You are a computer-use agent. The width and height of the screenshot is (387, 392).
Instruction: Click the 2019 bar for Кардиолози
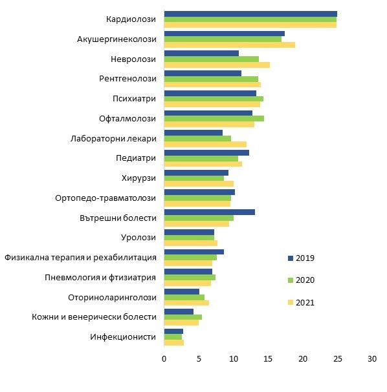250,14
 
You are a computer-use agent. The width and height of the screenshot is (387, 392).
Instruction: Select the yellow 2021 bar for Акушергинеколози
230,45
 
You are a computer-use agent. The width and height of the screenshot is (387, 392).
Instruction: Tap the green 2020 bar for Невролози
212,59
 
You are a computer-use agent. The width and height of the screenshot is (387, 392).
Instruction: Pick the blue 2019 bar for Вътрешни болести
210,212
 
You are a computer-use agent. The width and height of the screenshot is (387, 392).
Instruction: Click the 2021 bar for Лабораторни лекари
205,144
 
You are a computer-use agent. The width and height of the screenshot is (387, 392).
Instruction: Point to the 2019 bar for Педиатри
206,153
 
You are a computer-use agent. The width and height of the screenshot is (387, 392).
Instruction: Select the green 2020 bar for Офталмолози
214,118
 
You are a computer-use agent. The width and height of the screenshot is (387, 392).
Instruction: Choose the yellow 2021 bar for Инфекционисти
174,342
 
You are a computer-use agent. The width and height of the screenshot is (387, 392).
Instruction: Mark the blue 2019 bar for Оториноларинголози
182,291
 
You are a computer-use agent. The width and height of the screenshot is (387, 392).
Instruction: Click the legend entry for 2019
301,258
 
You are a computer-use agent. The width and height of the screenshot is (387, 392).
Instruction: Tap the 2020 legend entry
301,280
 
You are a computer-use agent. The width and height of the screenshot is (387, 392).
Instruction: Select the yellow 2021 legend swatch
291,302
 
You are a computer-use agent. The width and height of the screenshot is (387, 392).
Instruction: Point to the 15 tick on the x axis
268,359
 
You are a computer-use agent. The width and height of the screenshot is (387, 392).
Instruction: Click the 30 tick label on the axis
372,359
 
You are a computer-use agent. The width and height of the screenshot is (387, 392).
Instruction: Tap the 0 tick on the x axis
164,359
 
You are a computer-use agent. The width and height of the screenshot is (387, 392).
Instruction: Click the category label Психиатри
134,99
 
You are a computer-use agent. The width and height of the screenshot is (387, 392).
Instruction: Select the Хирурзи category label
138,178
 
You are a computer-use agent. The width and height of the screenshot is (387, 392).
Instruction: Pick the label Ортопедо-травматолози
105,198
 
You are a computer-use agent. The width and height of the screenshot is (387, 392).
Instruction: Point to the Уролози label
138,237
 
